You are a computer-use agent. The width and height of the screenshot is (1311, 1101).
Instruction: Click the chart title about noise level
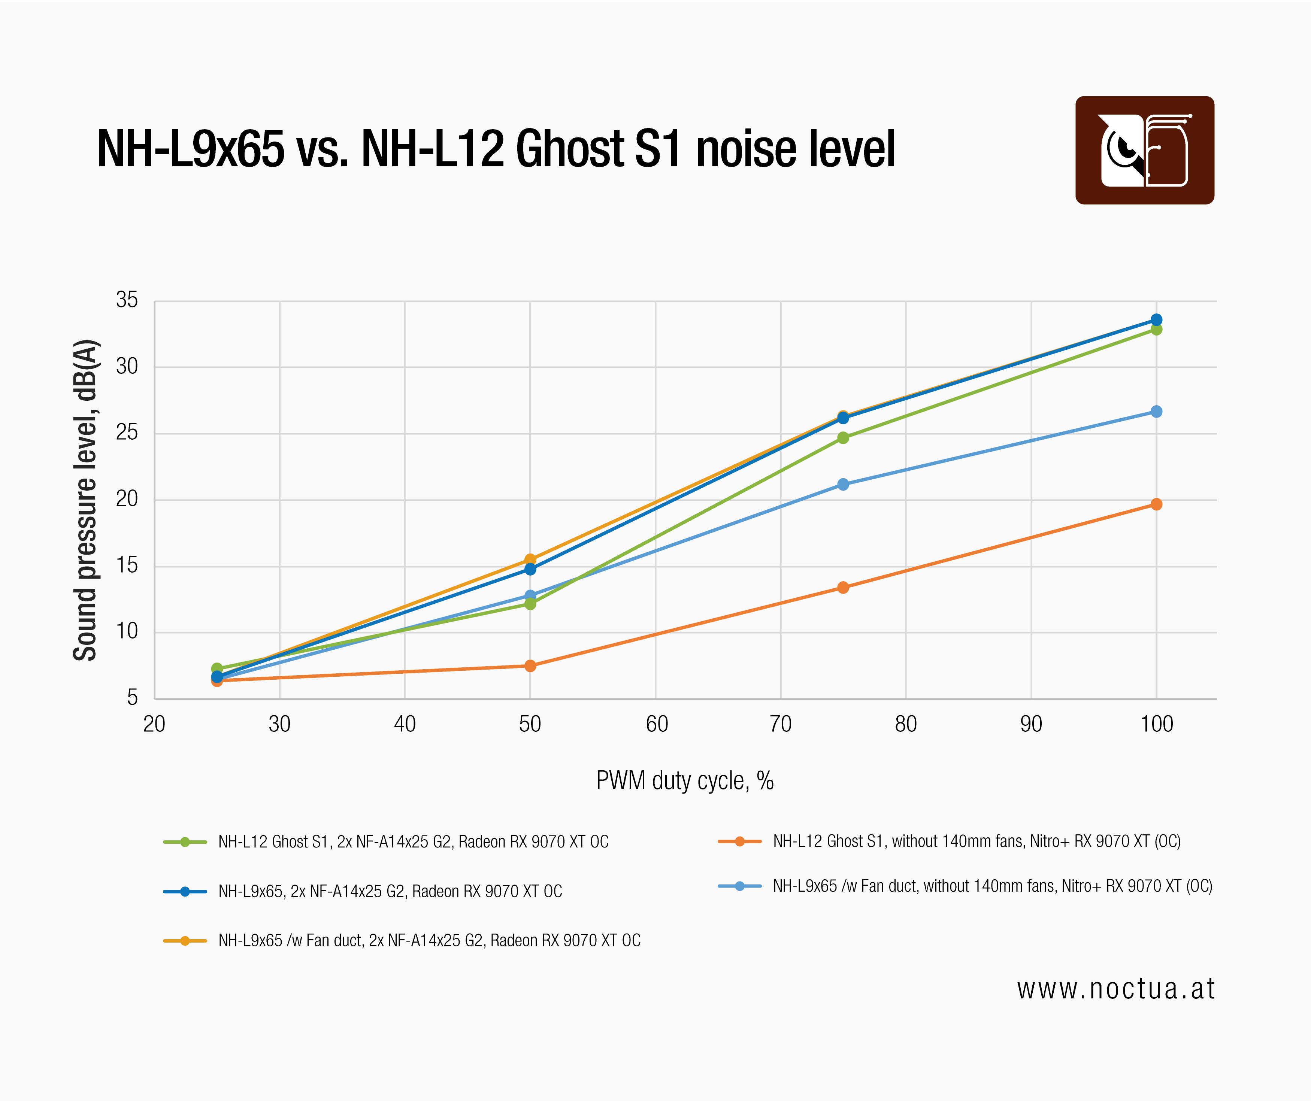[x=496, y=149]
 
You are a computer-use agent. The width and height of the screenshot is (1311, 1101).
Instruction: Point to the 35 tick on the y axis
[x=127, y=300]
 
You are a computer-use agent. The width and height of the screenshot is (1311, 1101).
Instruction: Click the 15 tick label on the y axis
[x=127, y=565]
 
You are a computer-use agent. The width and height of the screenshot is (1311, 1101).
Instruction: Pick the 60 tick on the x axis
[x=657, y=724]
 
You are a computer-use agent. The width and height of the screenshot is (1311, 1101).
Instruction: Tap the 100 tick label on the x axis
[x=1157, y=724]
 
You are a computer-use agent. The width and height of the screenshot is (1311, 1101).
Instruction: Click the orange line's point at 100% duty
[x=1156, y=504]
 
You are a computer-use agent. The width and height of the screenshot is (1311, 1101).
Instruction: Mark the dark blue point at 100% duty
[x=1156, y=319]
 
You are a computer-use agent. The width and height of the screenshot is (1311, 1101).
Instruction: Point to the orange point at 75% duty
[x=843, y=587]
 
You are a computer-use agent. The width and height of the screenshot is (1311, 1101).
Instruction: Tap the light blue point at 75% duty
[x=843, y=484]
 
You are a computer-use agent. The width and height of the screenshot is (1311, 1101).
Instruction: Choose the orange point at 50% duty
[x=530, y=666]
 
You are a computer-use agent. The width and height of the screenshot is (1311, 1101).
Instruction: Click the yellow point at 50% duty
[x=530, y=559]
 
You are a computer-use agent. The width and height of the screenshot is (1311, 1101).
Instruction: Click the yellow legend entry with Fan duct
[x=402, y=941]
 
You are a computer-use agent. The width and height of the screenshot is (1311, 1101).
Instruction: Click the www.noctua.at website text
[x=1115, y=989]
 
